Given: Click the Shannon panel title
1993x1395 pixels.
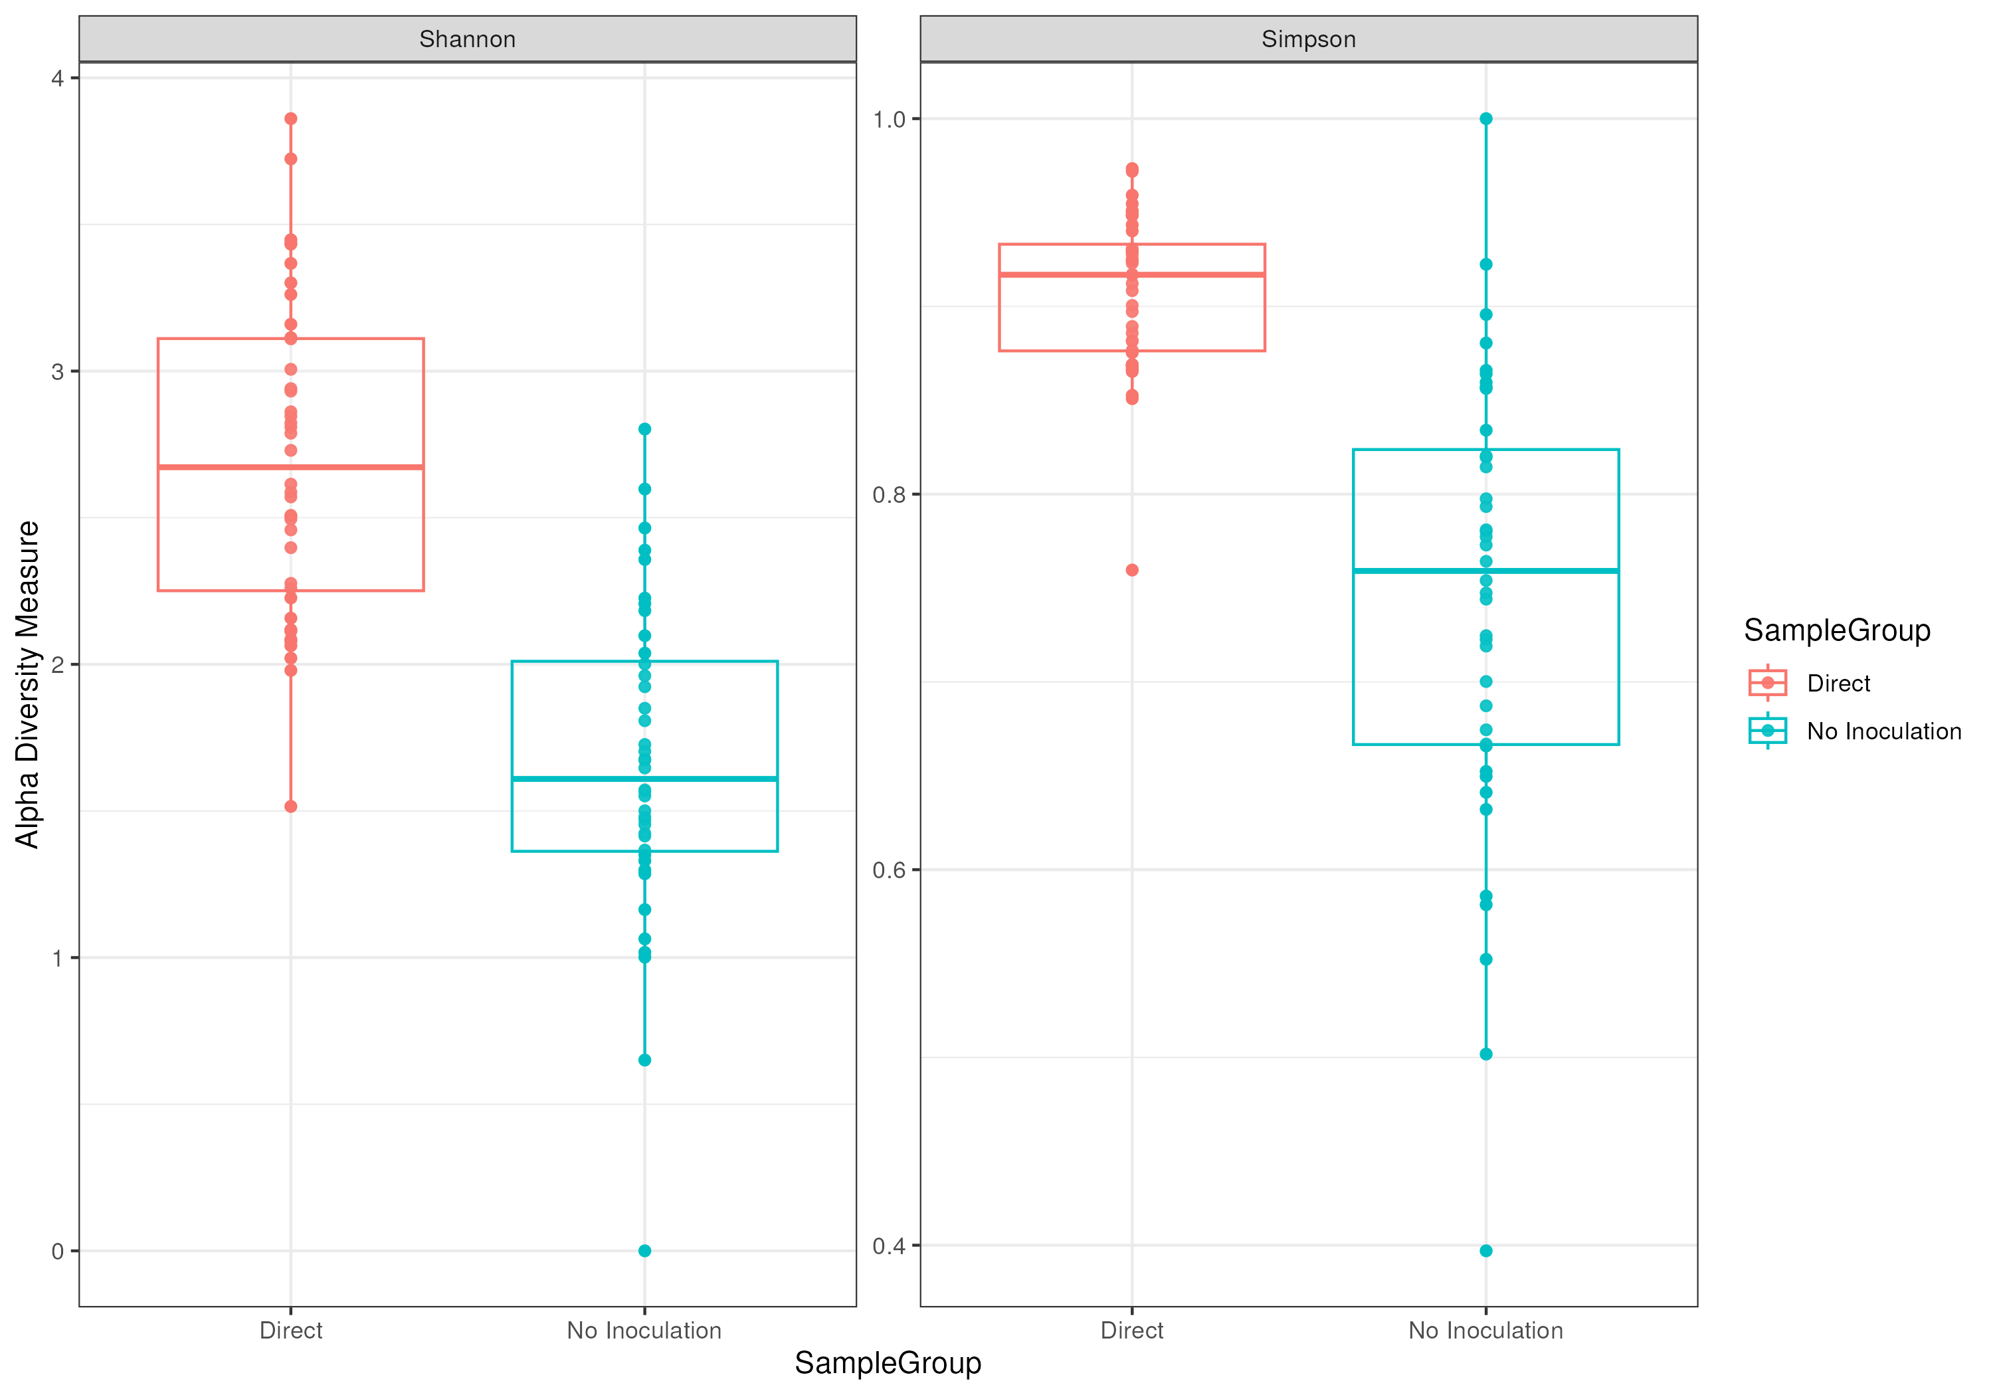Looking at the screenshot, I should pos(467,39).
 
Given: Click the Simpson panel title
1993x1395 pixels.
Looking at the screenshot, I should pos(1308,39).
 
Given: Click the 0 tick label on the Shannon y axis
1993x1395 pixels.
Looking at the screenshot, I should pos(58,1251).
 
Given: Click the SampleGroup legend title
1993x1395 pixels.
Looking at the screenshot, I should pos(1837,630).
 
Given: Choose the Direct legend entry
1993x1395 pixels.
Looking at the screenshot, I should pos(1838,683).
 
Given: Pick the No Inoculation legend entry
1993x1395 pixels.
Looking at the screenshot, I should pos(1883,731).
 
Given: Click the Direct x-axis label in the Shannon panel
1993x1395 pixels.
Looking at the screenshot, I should pos(291,1330).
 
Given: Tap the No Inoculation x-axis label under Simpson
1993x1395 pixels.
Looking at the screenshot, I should pos(1485,1330).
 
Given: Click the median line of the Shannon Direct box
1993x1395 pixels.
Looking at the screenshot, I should pos(291,467).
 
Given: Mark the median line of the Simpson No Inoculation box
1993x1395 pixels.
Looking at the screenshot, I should pos(1485,571).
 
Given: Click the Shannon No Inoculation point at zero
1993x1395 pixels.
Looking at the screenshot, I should pos(645,1251).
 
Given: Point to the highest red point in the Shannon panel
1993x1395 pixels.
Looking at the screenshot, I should pos(291,119).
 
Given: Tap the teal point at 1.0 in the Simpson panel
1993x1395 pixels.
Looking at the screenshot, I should pos(1486,119).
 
